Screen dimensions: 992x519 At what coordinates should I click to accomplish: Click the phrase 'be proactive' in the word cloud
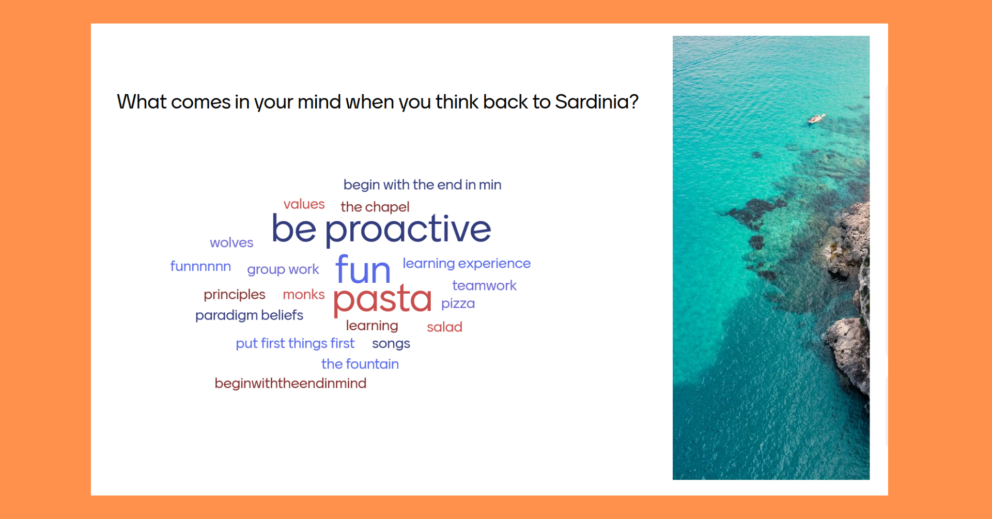[381, 230]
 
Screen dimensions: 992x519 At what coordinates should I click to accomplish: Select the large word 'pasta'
[382, 299]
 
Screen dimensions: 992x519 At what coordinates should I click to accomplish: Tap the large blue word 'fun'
[363, 269]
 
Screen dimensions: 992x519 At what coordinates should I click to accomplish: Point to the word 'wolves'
[231, 242]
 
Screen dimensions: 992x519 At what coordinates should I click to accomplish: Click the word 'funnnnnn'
[200, 266]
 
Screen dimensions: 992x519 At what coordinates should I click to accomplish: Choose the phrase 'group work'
[283, 269]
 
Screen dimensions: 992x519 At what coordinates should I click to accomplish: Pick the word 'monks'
[304, 294]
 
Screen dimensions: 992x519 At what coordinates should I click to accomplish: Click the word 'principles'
[235, 295]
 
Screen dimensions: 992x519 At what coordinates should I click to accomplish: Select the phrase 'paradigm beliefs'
[249, 315]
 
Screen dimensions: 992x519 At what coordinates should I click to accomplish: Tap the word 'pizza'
[458, 303]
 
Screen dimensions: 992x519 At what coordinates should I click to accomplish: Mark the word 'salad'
[444, 327]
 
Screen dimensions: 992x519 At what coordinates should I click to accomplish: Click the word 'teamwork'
[484, 285]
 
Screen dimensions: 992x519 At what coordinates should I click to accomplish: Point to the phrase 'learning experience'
[467, 264]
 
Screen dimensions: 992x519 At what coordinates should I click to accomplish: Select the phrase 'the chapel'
[375, 207]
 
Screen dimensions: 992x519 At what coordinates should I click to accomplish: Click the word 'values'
[304, 204]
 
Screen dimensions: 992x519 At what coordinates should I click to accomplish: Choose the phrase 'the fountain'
[360, 364]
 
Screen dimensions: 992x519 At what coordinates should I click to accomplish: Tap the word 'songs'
[391, 344]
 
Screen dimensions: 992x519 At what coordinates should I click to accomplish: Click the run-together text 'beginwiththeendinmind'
[290, 384]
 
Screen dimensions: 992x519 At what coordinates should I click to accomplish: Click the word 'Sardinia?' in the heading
[597, 102]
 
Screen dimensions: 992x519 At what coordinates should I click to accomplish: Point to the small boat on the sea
[816, 119]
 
